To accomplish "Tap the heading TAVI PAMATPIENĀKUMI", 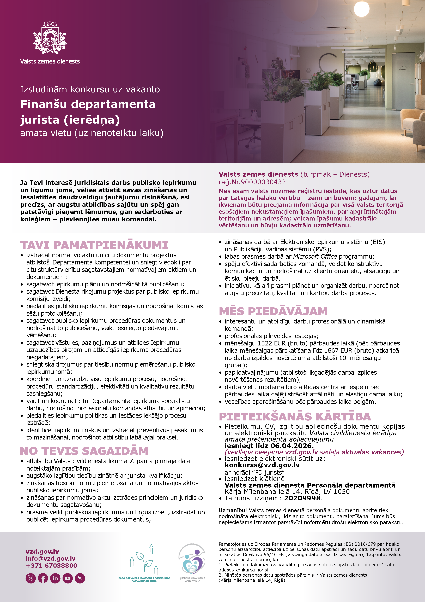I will coord(94,245).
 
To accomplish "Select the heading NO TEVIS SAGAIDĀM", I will coord(84,451).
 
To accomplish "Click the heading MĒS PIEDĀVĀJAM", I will coord(273,311).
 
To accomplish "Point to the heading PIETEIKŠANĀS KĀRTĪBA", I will coord(295,417).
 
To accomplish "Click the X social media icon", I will coord(31,578).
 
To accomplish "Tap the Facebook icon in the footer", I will coord(43,578).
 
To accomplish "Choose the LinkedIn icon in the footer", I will coord(55,578).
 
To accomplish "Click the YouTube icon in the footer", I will coord(68,578).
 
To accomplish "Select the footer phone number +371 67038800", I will coord(51,566).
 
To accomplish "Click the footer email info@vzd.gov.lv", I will coord(51,558).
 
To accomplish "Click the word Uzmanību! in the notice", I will coord(233,510).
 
